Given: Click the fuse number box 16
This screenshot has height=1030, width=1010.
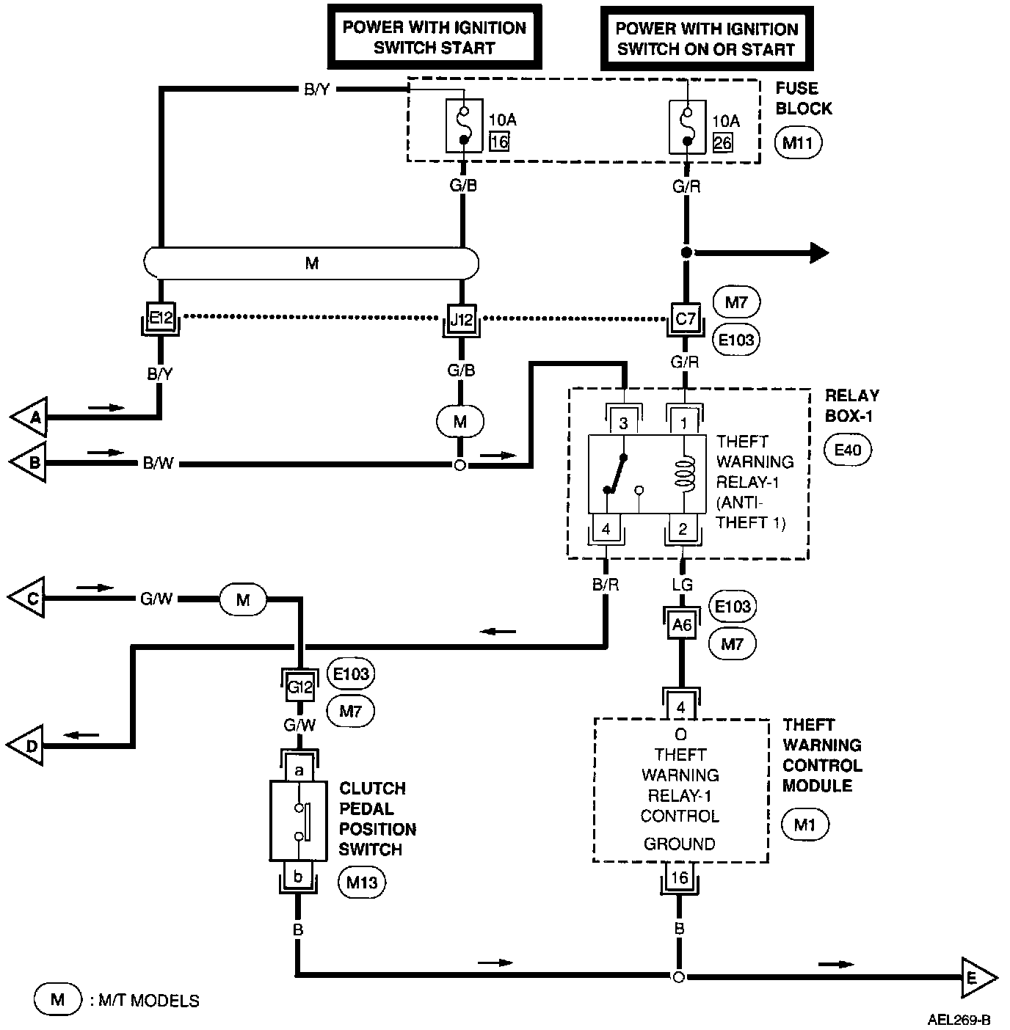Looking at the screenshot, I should [499, 141].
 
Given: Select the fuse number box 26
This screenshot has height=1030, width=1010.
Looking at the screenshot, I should [722, 142].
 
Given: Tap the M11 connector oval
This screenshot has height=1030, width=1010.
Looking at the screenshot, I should [798, 142].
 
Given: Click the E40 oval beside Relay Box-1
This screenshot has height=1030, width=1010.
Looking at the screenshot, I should [848, 450].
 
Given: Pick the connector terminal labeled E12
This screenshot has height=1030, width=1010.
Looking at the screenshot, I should [160, 318].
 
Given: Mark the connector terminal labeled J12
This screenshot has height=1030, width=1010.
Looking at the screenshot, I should [462, 319].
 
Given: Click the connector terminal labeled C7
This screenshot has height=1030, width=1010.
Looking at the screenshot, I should [685, 318].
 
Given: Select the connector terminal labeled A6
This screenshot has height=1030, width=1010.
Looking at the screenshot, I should [682, 625].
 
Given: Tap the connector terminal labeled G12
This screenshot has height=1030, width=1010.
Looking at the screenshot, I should [300, 687].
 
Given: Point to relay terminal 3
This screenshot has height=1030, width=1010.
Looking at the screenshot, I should [623, 423].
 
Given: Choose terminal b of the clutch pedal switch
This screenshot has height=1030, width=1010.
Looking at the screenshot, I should [299, 876].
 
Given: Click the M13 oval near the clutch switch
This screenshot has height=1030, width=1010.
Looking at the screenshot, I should [362, 882].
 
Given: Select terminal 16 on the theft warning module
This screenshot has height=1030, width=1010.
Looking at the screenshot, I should [680, 878].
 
